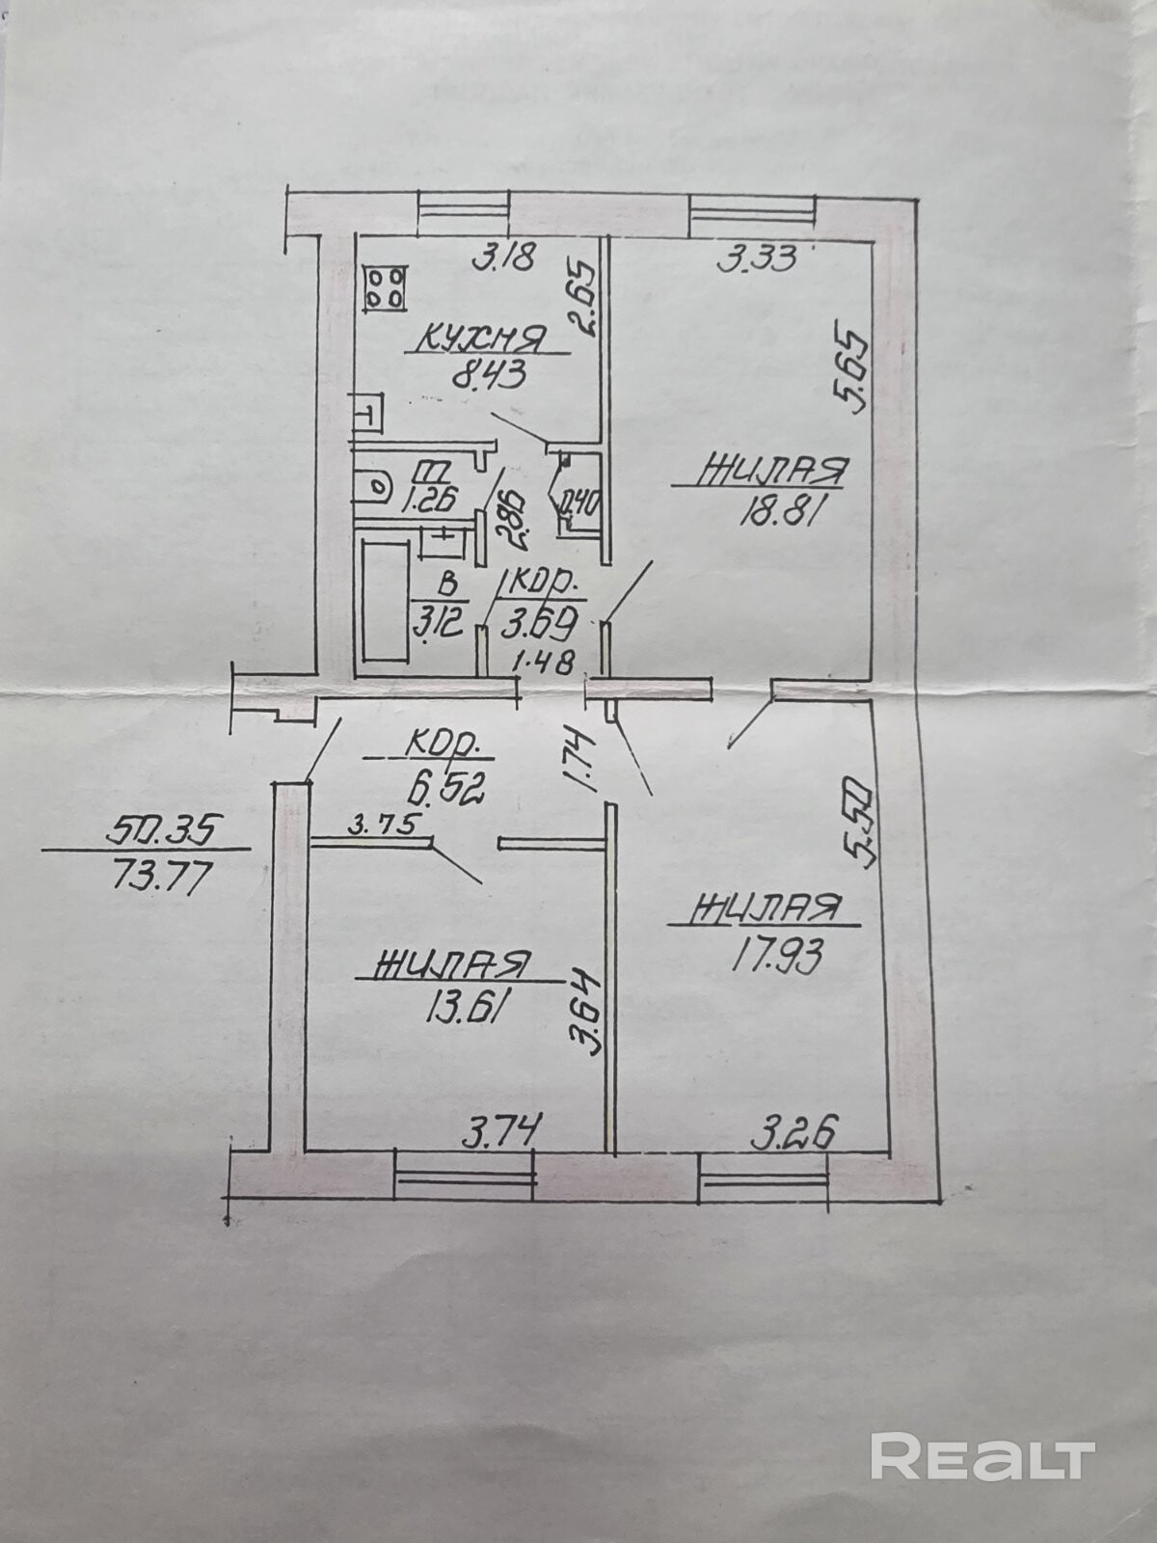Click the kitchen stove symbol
coord(385,287)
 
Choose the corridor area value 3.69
coord(541,623)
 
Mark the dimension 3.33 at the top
coord(756,258)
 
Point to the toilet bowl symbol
coord(370,487)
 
